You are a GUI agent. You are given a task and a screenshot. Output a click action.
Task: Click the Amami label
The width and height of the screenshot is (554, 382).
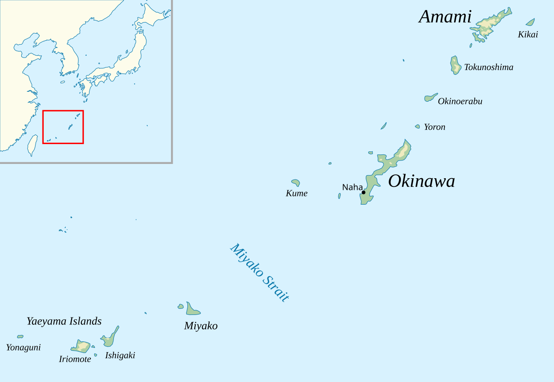tap(445, 17)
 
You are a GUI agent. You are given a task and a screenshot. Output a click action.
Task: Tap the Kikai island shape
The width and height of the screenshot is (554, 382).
tap(530, 22)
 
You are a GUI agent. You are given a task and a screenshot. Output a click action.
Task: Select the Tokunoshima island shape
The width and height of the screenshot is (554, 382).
tap(455, 65)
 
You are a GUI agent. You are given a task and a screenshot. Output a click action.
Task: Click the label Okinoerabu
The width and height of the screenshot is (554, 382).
tap(460, 101)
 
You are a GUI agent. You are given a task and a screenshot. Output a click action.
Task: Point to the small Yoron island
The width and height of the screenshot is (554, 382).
tap(417, 127)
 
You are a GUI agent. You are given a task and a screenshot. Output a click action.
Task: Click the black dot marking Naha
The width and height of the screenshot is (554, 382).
tap(364, 193)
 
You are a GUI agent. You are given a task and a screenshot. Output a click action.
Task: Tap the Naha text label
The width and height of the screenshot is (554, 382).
tap(352, 187)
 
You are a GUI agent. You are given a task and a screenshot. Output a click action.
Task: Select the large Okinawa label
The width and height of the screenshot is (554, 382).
tap(421, 181)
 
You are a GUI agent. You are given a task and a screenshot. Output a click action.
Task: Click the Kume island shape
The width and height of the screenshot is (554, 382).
tap(296, 183)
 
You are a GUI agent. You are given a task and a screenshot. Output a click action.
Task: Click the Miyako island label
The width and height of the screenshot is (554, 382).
tap(201, 326)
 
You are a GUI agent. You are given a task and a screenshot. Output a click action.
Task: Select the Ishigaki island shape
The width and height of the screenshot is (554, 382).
tap(110, 338)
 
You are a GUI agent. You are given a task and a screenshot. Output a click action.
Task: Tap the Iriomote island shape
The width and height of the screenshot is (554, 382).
tap(81, 346)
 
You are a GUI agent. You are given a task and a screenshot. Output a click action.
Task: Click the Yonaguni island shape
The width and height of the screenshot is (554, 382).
tap(20, 337)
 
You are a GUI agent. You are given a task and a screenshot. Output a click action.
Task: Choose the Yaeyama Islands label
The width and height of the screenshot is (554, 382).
tap(64, 321)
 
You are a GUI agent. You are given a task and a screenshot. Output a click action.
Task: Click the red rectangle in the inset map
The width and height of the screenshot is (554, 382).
tap(63, 111)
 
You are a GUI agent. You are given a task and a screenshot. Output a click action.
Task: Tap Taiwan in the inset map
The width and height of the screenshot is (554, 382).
tap(32, 145)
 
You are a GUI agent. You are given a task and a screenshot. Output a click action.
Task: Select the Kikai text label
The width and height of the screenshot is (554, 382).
tap(528, 35)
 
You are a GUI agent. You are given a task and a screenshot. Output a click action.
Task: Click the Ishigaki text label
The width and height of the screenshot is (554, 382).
tap(120, 355)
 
